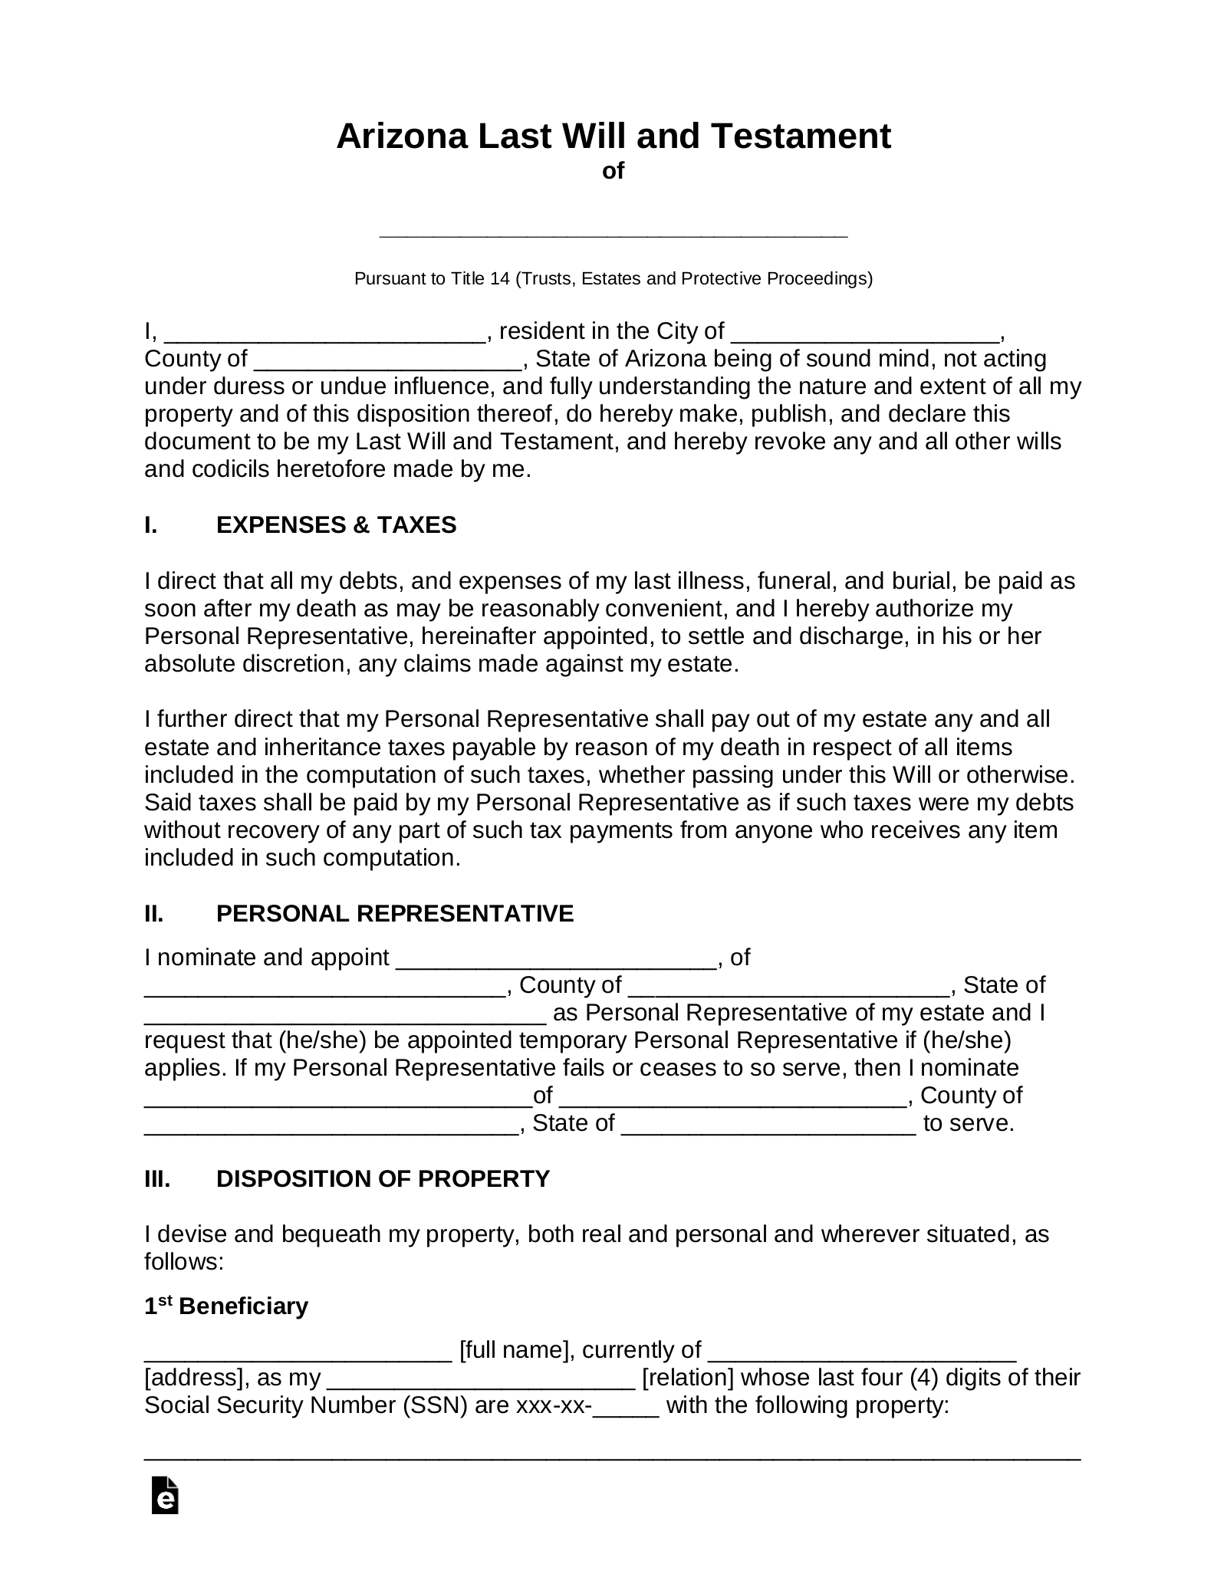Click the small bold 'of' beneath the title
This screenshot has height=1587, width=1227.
click(613, 171)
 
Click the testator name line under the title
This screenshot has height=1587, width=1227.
click(613, 232)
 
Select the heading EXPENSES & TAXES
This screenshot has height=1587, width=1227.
click(336, 525)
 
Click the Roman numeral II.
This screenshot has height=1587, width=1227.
click(153, 914)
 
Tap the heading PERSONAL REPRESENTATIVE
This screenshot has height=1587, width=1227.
click(395, 914)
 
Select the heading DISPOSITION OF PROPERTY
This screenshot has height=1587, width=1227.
click(383, 1178)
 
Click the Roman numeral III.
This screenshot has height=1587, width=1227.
click(157, 1178)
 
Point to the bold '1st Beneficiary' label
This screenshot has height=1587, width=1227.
click(226, 1306)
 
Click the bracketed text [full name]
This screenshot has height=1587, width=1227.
click(513, 1350)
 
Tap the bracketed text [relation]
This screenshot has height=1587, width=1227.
click(688, 1378)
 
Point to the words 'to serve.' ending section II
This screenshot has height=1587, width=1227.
click(969, 1123)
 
